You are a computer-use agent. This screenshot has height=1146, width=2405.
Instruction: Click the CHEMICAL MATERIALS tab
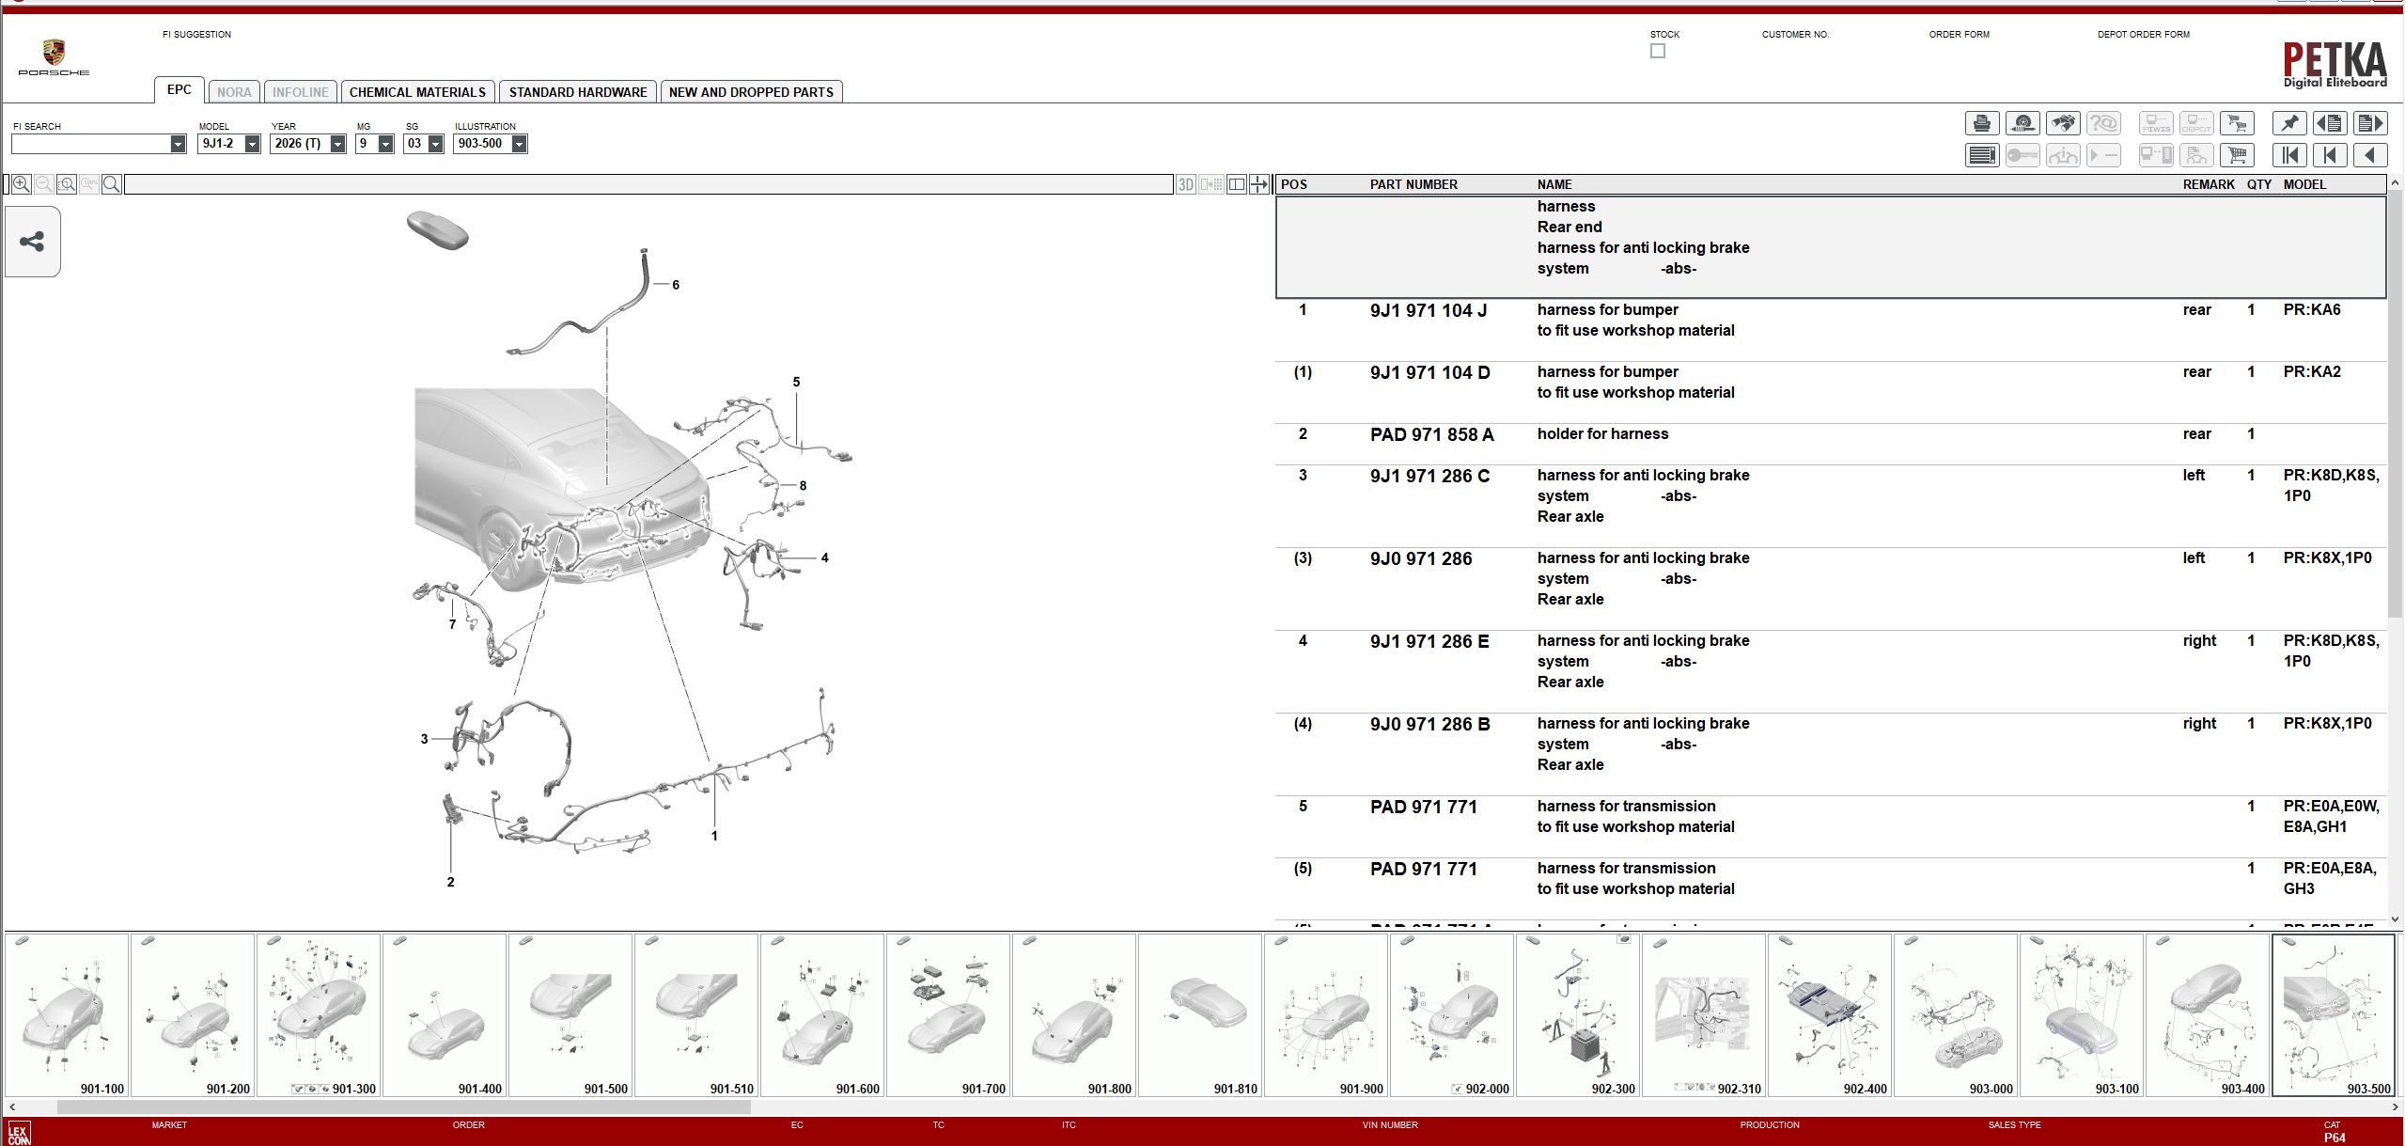417,92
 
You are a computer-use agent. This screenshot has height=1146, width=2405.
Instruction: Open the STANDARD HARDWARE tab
577,92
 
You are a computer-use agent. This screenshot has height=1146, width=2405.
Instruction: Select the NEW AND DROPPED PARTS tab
751,92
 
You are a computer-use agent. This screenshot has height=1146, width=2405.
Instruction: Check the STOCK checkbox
1657,52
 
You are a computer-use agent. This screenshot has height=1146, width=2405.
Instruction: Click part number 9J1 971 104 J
1428,311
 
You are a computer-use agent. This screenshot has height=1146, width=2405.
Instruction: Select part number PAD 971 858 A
1431,435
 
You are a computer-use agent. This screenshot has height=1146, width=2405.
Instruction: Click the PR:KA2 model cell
2311,372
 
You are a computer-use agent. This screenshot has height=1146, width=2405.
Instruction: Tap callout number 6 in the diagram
675,285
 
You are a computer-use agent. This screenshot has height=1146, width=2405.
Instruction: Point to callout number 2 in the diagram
450,882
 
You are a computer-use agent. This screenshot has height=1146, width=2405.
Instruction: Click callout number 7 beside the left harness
452,624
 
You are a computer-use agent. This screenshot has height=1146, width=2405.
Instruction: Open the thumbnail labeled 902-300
1578,1015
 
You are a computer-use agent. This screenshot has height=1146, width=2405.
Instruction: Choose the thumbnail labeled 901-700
948,1015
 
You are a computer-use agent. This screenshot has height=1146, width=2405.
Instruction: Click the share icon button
32,242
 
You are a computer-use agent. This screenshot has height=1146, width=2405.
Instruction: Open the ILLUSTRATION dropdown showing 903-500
519,144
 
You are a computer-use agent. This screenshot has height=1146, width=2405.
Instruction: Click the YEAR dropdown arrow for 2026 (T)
337,144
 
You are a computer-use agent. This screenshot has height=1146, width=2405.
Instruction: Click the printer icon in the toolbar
1981,123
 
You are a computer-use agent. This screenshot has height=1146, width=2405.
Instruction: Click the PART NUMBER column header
1413,184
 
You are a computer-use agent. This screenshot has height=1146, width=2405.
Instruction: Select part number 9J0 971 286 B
1429,725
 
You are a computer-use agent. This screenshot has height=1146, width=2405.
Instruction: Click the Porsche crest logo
54,53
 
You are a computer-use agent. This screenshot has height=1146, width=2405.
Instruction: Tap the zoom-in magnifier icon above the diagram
21,184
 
